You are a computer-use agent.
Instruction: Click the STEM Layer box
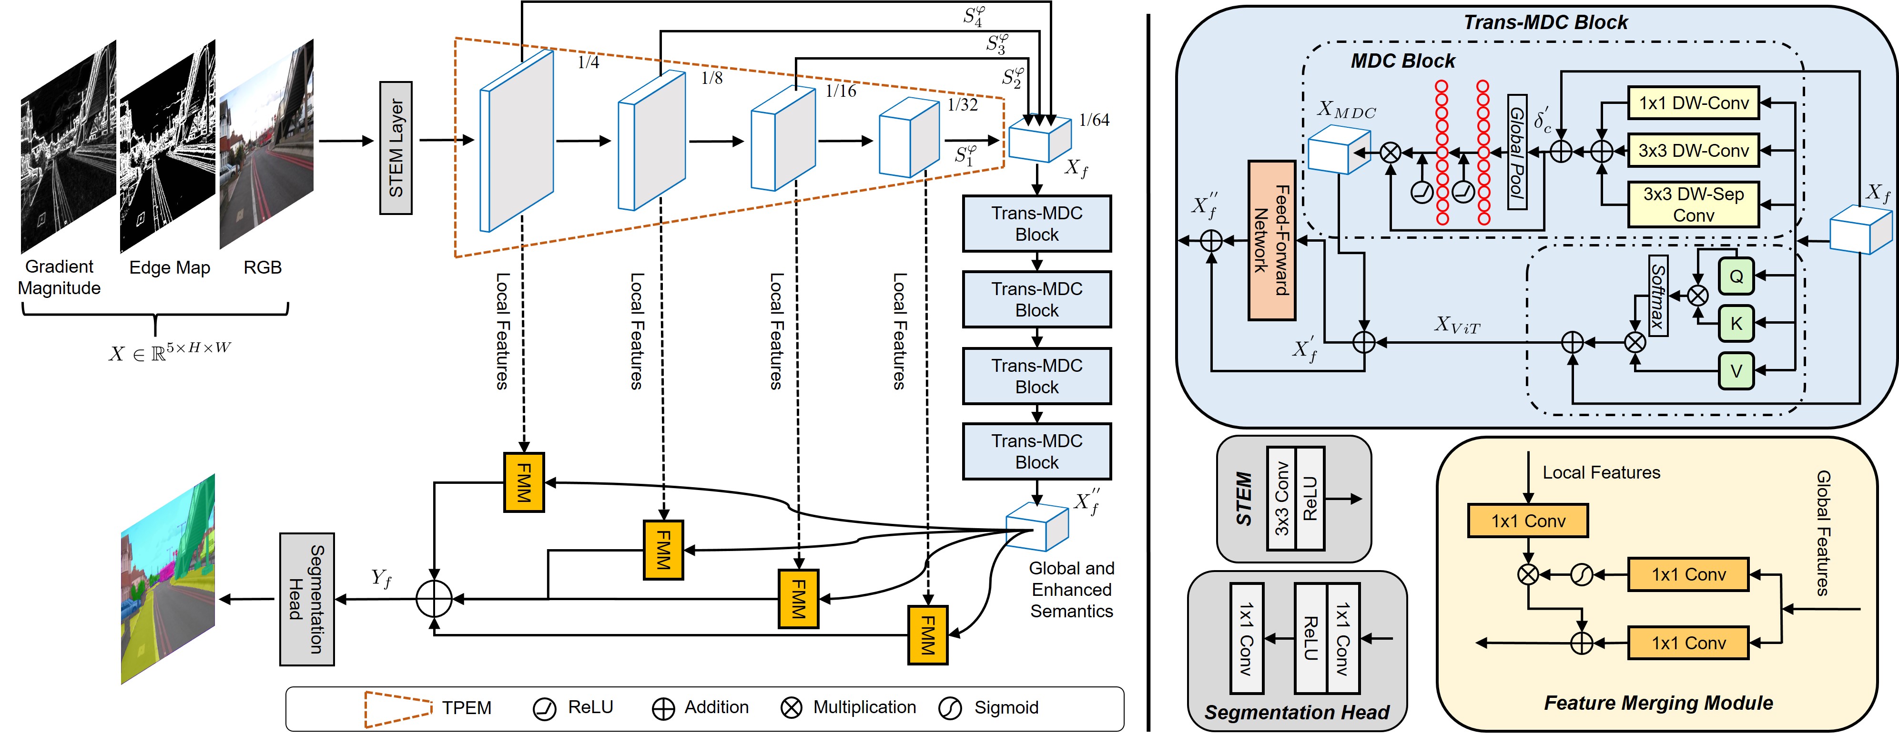[396, 148]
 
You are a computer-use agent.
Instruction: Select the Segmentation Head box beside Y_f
[307, 599]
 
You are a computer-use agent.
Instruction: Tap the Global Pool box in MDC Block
[1516, 152]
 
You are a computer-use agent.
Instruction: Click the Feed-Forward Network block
[1272, 240]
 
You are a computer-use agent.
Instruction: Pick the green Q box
[1736, 276]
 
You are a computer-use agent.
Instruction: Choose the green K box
[1736, 324]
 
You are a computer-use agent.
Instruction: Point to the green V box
[1736, 371]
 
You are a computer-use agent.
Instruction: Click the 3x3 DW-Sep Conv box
[1693, 204]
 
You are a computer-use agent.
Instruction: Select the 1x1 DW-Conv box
[1693, 103]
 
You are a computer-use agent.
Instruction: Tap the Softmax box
[1658, 296]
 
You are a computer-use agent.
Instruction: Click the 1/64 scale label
[1094, 120]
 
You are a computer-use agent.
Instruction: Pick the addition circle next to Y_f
[434, 599]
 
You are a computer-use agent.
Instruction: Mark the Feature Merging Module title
[1658, 703]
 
